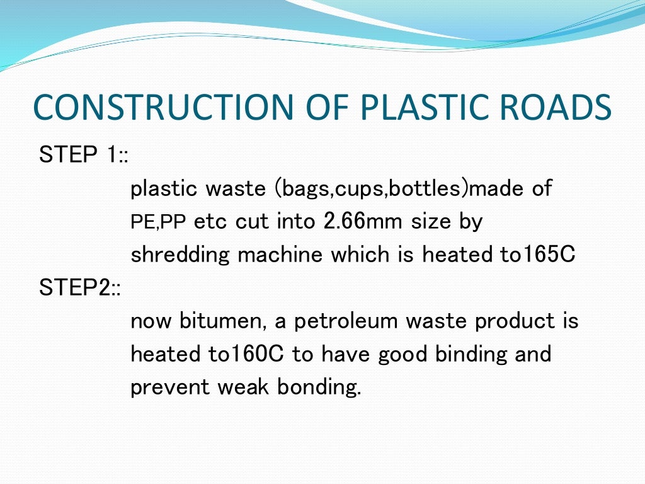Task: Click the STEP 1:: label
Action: (83, 155)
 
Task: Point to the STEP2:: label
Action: (79, 288)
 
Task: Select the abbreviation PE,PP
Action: (159, 222)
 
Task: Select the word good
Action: (403, 355)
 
